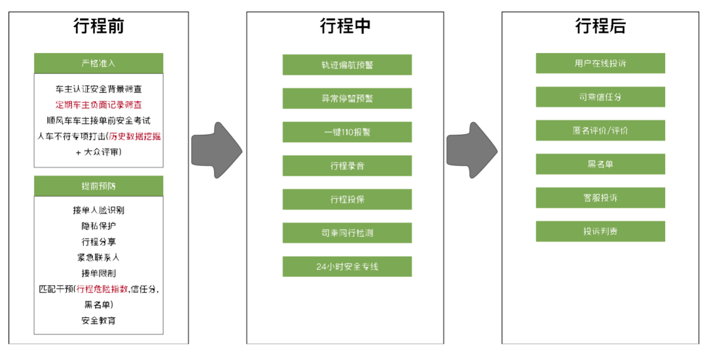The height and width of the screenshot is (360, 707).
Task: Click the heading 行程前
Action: (x=98, y=27)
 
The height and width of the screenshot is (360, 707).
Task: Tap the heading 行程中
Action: (x=346, y=27)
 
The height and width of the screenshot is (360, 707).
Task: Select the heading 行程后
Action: (x=600, y=27)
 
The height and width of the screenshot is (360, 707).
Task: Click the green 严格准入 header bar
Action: (x=98, y=63)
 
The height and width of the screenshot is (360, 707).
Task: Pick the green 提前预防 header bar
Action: (x=98, y=187)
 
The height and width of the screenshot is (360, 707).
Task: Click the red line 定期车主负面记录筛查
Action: (x=98, y=104)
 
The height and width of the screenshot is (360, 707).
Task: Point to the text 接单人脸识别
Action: (x=98, y=210)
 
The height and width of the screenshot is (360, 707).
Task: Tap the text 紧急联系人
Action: (x=98, y=257)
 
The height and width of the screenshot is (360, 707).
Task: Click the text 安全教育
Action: (x=98, y=321)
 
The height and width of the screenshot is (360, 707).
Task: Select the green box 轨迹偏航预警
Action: (x=347, y=65)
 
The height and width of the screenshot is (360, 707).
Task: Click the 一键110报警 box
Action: (x=347, y=132)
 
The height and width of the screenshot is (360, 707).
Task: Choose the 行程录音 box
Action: (x=347, y=166)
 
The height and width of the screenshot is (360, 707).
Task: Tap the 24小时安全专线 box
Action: (x=347, y=266)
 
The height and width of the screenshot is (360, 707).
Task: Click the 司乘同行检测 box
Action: (x=347, y=233)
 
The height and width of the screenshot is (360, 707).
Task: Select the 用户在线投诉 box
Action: (x=600, y=63)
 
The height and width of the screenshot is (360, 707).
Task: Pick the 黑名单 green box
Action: (x=600, y=164)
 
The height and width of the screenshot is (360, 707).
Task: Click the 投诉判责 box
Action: (x=600, y=231)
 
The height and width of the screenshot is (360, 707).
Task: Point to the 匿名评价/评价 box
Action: (x=600, y=130)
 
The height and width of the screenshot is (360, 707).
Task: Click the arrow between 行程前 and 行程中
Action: (x=217, y=149)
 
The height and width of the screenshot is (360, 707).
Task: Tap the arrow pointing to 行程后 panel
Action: (x=472, y=149)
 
